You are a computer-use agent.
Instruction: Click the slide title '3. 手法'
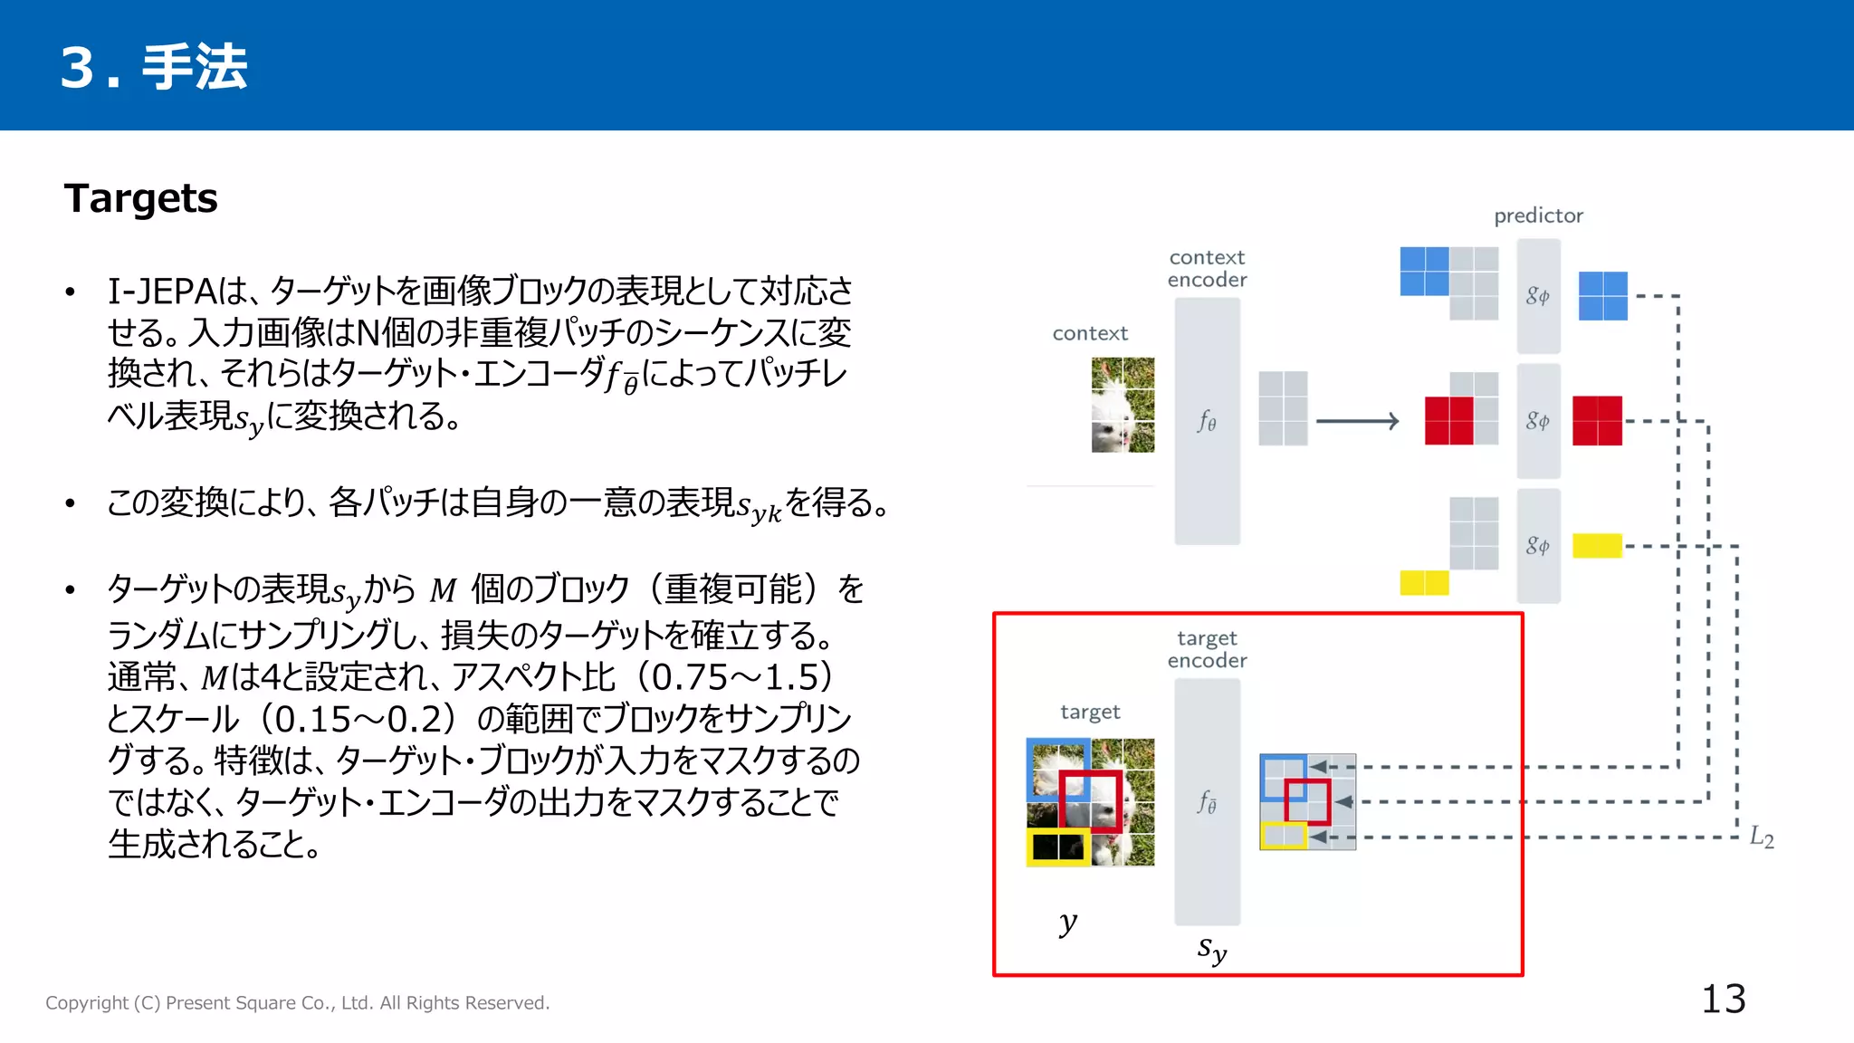coord(154,67)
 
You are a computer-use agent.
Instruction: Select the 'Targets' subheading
coord(141,198)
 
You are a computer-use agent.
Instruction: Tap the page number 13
coord(1723,1000)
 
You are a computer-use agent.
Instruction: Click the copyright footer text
coord(297,1003)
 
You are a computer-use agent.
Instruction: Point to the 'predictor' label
coord(1538,215)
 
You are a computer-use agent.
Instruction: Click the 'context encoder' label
coord(1207,269)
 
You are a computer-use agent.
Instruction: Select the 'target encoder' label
coord(1207,649)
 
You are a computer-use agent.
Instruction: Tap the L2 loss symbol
coord(1761,837)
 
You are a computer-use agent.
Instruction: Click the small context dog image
coord(1123,405)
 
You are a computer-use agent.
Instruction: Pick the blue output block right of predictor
coord(1602,296)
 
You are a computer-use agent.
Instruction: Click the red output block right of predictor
coord(1597,421)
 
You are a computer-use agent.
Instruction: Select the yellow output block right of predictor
coord(1597,546)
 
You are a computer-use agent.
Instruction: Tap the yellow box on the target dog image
coord(1058,847)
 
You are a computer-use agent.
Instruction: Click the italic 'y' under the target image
coord(1068,923)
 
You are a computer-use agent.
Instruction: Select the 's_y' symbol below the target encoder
coord(1211,949)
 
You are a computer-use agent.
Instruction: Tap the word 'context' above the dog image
coord(1090,333)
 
